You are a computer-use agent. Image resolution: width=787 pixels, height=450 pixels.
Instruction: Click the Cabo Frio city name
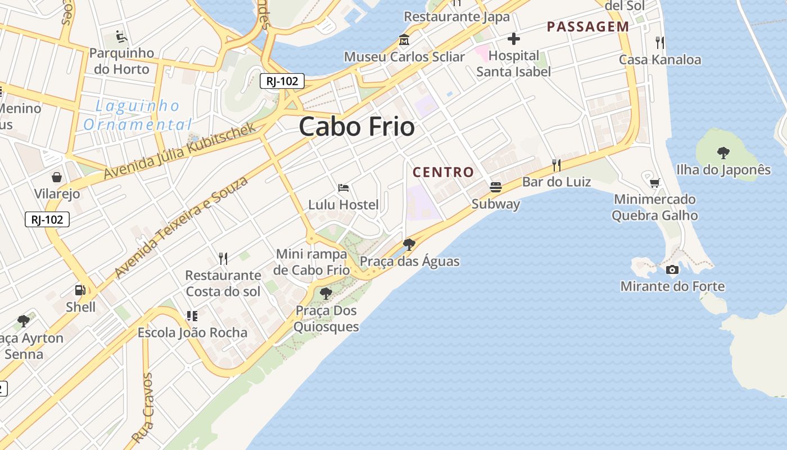pos(357,127)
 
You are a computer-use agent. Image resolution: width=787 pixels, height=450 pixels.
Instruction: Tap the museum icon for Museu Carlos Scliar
pos(404,40)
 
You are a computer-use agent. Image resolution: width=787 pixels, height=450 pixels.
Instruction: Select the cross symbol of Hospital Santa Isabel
pos(513,39)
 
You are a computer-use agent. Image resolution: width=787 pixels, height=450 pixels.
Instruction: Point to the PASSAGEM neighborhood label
pos(588,26)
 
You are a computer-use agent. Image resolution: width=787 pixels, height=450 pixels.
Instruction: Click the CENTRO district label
pos(444,172)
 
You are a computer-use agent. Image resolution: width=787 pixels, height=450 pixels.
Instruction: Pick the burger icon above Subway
pos(495,187)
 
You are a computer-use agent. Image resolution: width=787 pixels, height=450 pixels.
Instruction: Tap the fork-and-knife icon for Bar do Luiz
pos(557,165)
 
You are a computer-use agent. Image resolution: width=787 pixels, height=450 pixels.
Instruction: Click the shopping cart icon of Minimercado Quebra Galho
pos(654,183)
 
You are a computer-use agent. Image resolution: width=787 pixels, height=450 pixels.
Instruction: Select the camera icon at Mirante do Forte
pos(672,270)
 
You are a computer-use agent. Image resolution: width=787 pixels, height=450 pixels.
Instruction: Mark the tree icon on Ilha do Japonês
pos(723,152)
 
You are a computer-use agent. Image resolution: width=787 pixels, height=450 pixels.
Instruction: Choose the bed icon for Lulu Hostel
pos(343,187)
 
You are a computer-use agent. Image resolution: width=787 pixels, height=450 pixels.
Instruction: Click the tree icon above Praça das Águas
pos(409,244)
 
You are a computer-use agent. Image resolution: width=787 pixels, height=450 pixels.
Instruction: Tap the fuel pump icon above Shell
pos(80,290)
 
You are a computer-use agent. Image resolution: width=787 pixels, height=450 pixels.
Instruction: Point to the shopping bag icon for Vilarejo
pos(57,177)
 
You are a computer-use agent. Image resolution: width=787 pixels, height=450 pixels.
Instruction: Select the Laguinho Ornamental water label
pos(138,115)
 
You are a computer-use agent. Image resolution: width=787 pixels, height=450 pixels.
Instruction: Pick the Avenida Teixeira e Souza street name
pos(181,227)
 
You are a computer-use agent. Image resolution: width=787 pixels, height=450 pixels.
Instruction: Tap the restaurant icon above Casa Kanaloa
pos(660,42)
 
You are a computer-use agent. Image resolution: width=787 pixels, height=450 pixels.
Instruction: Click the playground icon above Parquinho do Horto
pos(121,37)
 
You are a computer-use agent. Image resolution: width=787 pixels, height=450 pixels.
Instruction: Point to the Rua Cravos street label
pos(142,407)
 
